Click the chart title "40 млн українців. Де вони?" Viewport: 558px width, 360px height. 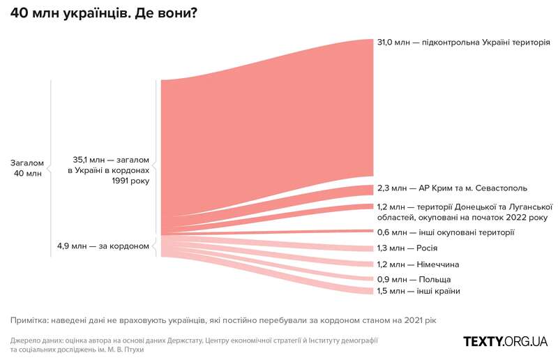pyautogui.click(x=103, y=15)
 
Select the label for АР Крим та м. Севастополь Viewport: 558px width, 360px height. pyautogui.click(x=452, y=188)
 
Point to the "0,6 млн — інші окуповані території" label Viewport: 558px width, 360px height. pyautogui.click(x=446, y=232)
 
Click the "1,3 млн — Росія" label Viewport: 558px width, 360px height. pyautogui.click(x=407, y=248)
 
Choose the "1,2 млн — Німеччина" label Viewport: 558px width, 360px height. pyautogui.click(x=418, y=264)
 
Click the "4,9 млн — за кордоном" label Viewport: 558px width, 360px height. pyautogui.click(x=103, y=246)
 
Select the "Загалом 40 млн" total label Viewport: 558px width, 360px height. pyautogui.click(x=28, y=168)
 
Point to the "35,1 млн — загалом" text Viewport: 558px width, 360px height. pyautogui.click(x=111, y=160)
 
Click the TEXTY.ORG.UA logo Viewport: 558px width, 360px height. pyautogui.click(x=506, y=341)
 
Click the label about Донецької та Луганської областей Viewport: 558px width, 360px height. pyautogui.click(x=465, y=212)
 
